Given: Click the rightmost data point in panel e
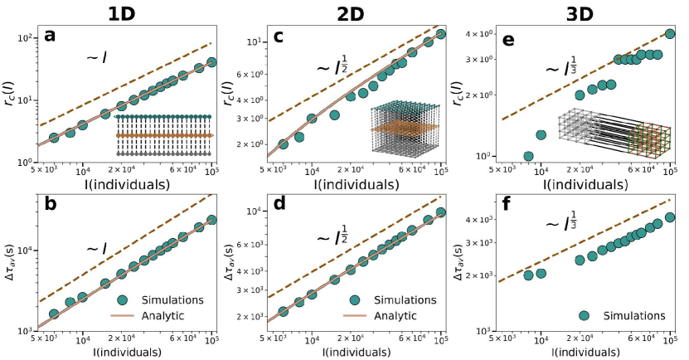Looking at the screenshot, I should [x=670, y=34].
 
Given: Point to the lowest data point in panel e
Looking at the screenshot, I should [x=528, y=156].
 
